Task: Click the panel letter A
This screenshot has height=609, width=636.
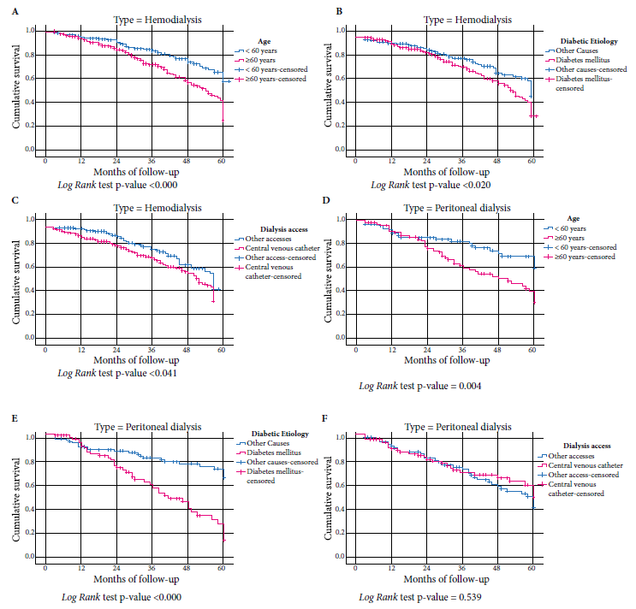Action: pyautogui.click(x=6, y=13)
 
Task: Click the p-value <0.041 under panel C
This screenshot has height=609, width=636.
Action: pyautogui.click(x=159, y=373)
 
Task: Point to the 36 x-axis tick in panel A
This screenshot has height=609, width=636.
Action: pyautogui.click(x=151, y=162)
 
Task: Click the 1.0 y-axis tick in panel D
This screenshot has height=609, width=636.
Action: pyautogui.click(x=338, y=220)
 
